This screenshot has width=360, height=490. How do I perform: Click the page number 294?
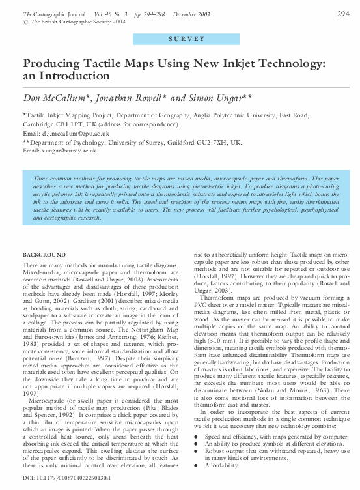tap(344, 13)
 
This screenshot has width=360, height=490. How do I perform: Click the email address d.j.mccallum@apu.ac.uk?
tap(71, 132)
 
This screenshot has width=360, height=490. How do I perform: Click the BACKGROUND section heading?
tap(44, 254)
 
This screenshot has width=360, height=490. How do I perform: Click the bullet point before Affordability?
tap(197, 467)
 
